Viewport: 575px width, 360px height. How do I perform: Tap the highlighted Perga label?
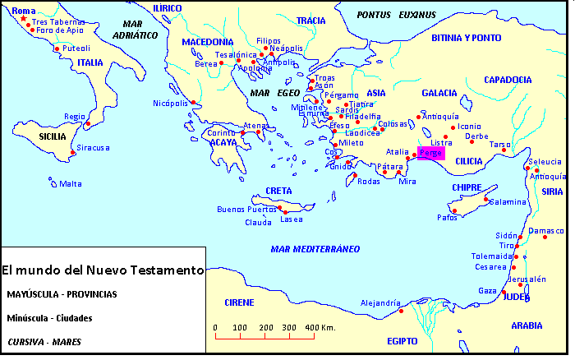(x=430, y=154)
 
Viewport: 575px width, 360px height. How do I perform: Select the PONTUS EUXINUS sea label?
(x=397, y=15)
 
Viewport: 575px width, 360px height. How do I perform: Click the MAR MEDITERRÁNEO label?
(x=315, y=248)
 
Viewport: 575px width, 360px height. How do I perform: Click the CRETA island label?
(x=278, y=191)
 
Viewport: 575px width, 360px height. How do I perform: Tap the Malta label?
(x=70, y=184)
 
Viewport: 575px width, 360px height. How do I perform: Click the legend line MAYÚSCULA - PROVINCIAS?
(x=62, y=293)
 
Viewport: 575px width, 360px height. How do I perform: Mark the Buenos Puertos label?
(x=246, y=210)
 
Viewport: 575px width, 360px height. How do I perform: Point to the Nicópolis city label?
(x=170, y=103)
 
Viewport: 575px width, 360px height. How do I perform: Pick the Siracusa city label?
(x=94, y=148)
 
